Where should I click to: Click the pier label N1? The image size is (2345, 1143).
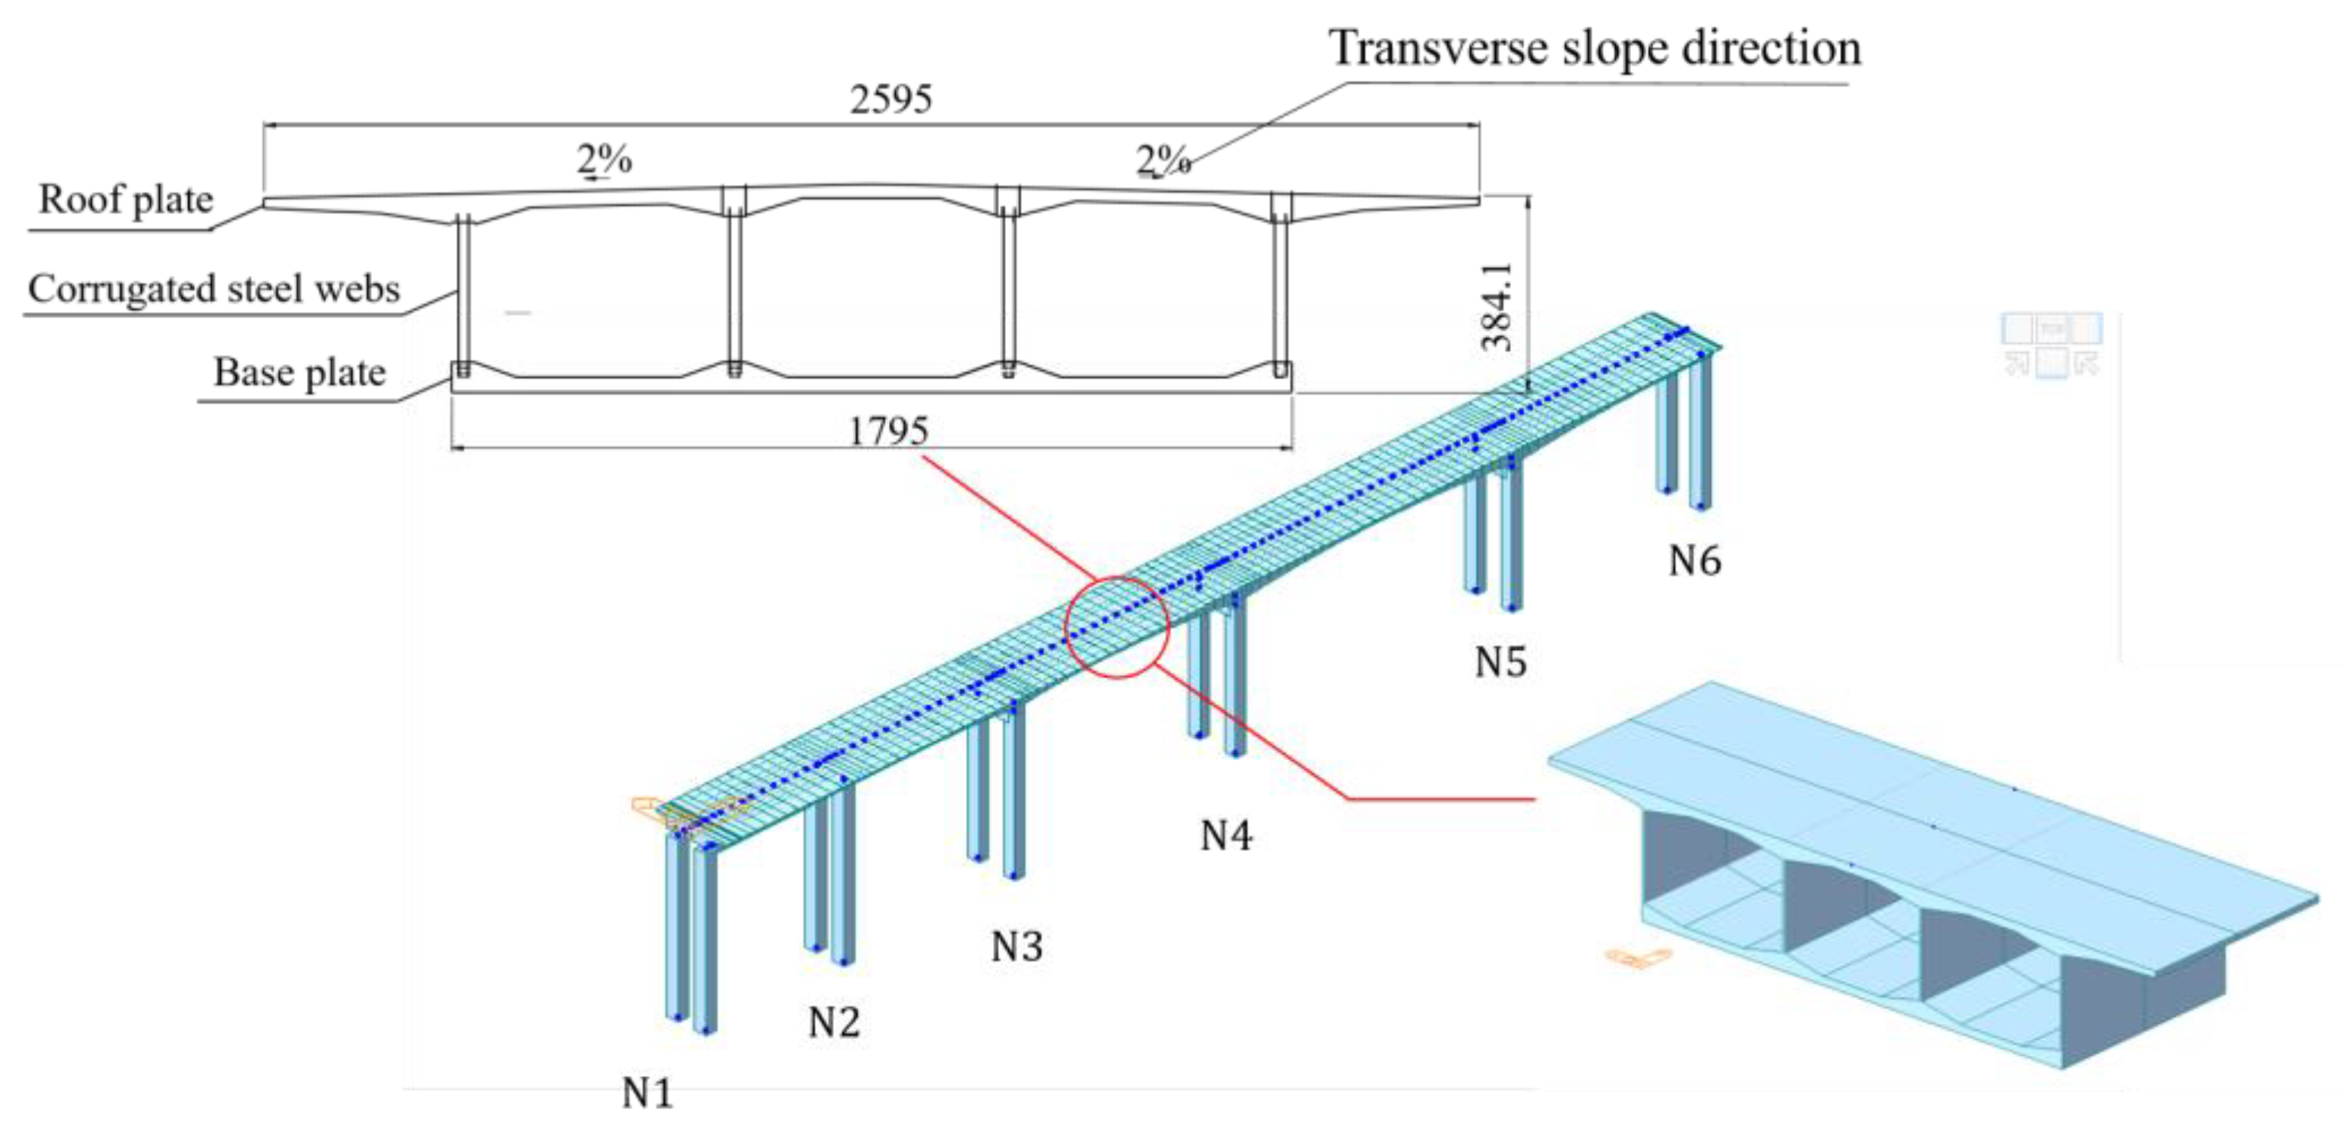647,1092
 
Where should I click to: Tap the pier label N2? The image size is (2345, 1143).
834,1022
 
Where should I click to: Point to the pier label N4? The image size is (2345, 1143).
1226,835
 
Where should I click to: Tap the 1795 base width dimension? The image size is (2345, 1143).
887,431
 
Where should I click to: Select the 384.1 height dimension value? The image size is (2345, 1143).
1497,307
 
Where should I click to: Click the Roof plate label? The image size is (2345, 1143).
126,199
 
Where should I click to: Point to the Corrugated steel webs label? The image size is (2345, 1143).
214,289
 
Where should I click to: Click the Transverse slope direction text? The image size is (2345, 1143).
1595,47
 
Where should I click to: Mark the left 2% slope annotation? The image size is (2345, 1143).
603,160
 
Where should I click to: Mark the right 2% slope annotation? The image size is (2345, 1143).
1163,162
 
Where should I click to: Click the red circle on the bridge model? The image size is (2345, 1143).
1117,627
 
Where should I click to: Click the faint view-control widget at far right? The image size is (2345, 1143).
2052,344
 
